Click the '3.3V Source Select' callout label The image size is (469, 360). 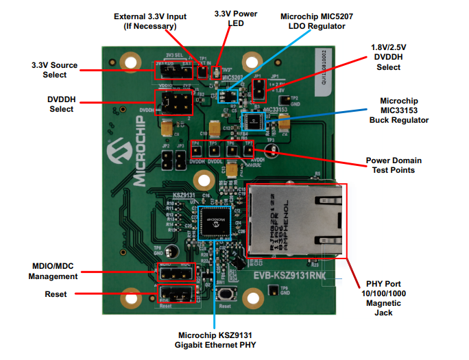(54, 70)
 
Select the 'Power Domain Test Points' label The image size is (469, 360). (394, 165)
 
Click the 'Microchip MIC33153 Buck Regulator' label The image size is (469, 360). (404, 110)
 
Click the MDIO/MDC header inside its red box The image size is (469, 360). (176, 273)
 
